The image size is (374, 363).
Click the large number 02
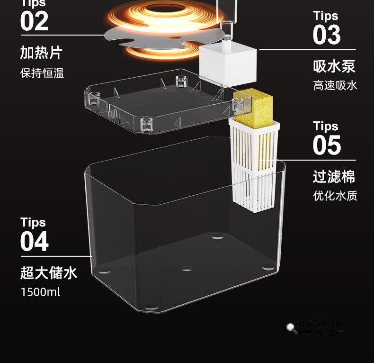(x=34, y=22)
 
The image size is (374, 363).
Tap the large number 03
(x=326, y=35)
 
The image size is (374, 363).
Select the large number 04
(x=34, y=242)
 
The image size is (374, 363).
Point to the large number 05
(x=326, y=145)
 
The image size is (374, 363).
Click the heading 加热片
(x=41, y=53)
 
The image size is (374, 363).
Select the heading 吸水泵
(x=334, y=66)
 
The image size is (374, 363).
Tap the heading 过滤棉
(x=334, y=177)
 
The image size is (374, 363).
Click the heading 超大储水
(x=48, y=273)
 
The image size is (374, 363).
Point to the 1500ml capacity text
(x=40, y=291)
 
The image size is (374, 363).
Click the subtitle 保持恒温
(x=42, y=73)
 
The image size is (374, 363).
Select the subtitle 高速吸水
(x=335, y=85)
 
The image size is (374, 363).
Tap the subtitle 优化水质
(x=335, y=195)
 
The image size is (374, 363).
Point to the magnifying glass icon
(x=291, y=327)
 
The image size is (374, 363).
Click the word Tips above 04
(x=33, y=223)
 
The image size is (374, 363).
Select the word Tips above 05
(x=325, y=127)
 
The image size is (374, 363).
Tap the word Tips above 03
(x=325, y=16)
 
